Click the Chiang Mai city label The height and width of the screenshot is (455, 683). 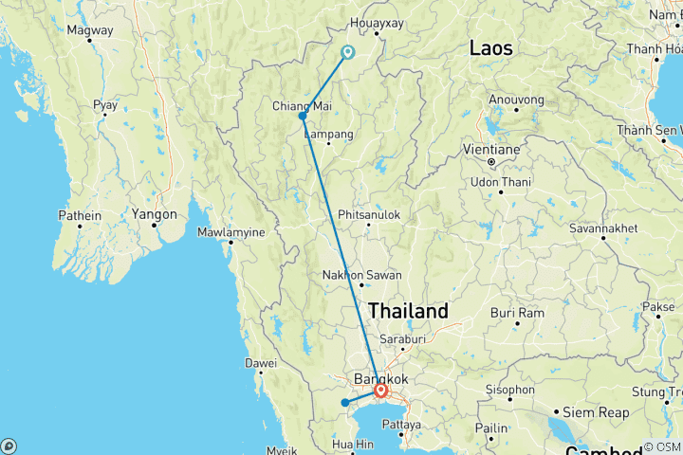[300, 104]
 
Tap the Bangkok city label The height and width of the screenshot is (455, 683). [379, 378]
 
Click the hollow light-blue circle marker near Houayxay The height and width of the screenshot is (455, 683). [348, 52]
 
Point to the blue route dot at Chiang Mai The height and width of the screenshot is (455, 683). [303, 117]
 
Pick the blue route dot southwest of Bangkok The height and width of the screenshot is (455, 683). [345, 403]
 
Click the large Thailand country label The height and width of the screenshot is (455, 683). [408, 311]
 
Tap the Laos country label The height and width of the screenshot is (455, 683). [490, 47]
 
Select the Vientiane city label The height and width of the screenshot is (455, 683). [490, 150]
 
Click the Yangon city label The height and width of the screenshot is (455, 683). [155, 213]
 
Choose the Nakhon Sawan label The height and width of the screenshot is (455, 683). [361, 275]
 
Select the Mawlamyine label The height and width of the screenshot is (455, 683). [230, 231]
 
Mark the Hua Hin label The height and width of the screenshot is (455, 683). [354, 444]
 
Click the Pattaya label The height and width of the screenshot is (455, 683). [401, 425]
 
